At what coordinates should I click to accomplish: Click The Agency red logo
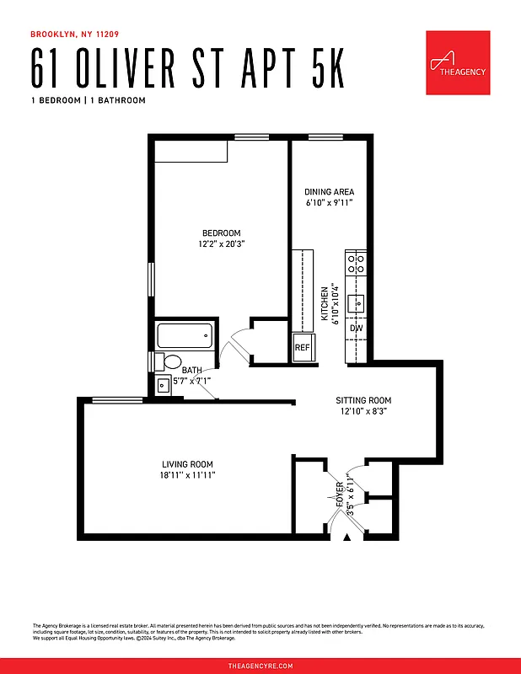click(x=457, y=63)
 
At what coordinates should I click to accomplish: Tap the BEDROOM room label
click(x=221, y=233)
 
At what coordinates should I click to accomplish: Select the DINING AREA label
click(x=329, y=192)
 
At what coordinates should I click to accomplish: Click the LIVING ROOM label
click(x=187, y=464)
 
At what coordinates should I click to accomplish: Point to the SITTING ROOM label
click(x=363, y=400)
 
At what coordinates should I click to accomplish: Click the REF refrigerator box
click(x=302, y=347)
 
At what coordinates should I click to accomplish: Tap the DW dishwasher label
click(x=357, y=328)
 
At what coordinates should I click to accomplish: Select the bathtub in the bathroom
click(x=184, y=337)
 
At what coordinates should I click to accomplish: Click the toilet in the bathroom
click(x=169, y=362)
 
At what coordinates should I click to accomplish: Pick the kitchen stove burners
click(x=355, y=259)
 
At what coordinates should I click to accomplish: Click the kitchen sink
click(x=357, y=300)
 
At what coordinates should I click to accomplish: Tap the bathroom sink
click(x=163, y=386)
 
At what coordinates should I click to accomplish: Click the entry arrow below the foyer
click(x=346, y=538)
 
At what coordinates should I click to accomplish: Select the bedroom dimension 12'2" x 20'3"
click(x=221, y=244)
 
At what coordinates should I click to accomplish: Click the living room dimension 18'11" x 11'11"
click(x=187, y=475)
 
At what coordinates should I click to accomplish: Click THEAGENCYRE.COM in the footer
click(x=260, y=666)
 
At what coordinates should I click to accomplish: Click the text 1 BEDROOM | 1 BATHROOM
click(x=88, y=100)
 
